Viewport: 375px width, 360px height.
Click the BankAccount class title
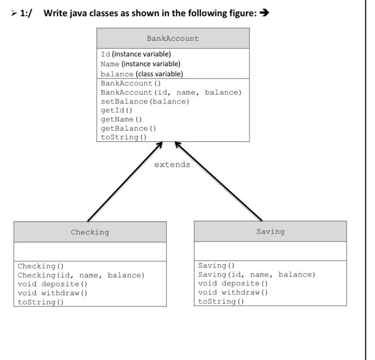click(x=172, y=39)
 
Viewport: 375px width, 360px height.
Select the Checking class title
click(x=90, y=232)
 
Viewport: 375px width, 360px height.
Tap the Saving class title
click(x=270, y=231)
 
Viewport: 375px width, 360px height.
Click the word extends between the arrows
click(x=172, y=164)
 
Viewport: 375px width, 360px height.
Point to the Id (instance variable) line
click(x=136, y=54)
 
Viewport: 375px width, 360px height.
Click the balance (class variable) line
click(x=141, y=74)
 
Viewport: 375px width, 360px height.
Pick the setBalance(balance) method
click(x=145, y=101)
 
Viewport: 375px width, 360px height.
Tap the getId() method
click(x=116, y=110)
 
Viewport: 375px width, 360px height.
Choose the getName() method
click(x=121, y=119)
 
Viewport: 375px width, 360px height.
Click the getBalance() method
click(x=129, y=128)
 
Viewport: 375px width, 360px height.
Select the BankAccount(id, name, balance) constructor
click(x=171, y=92)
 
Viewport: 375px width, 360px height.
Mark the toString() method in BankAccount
click(x=124, y=137)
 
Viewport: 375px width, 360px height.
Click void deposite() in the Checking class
click(x=52, y=284)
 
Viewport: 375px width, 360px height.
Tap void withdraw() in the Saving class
click(x=233, y=292)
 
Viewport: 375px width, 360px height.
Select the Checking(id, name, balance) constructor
click(x=81, y=275)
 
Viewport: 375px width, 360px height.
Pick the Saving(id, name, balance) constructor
click(x=257, y=274)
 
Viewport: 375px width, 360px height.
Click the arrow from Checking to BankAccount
click(x=124, y=182)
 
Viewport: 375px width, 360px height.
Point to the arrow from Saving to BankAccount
click(x=219, y=182)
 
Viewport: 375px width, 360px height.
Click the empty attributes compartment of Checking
click(x=90, y=251)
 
